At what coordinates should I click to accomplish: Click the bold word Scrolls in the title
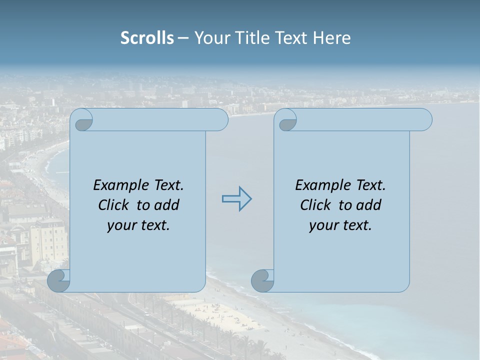pos(147,38)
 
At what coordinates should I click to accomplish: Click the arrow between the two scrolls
pos(236,199)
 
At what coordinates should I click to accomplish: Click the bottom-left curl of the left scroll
pos(59,280)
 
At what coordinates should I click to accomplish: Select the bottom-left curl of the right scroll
pos(262,280)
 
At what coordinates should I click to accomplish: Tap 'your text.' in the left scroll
pos(138,225)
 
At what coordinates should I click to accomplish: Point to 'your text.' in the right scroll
pos(340,225)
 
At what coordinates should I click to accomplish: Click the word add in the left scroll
pos(166,205)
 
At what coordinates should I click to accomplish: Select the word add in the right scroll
pos(368,205)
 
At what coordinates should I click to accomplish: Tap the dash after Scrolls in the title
pos(183,38)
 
